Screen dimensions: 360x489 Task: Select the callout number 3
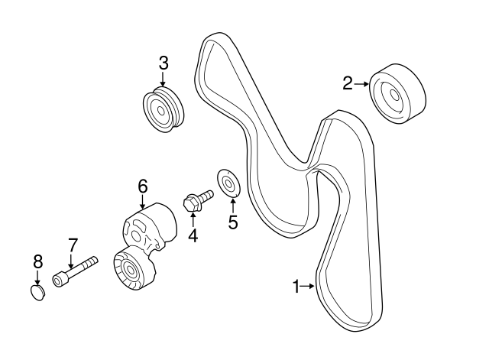[163, 63]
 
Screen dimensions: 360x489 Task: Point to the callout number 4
[193, 235]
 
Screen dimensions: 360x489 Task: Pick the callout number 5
[233, 222]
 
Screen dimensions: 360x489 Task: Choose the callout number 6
[142, 186]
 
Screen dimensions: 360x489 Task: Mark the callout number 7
[73, 245]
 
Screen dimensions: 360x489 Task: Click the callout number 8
[37, 262]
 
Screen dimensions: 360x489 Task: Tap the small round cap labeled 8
[37, 293]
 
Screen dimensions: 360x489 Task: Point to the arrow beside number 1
[309, 287]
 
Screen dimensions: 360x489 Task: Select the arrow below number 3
[163, 79]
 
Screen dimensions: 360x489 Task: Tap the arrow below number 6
[143, 201]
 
